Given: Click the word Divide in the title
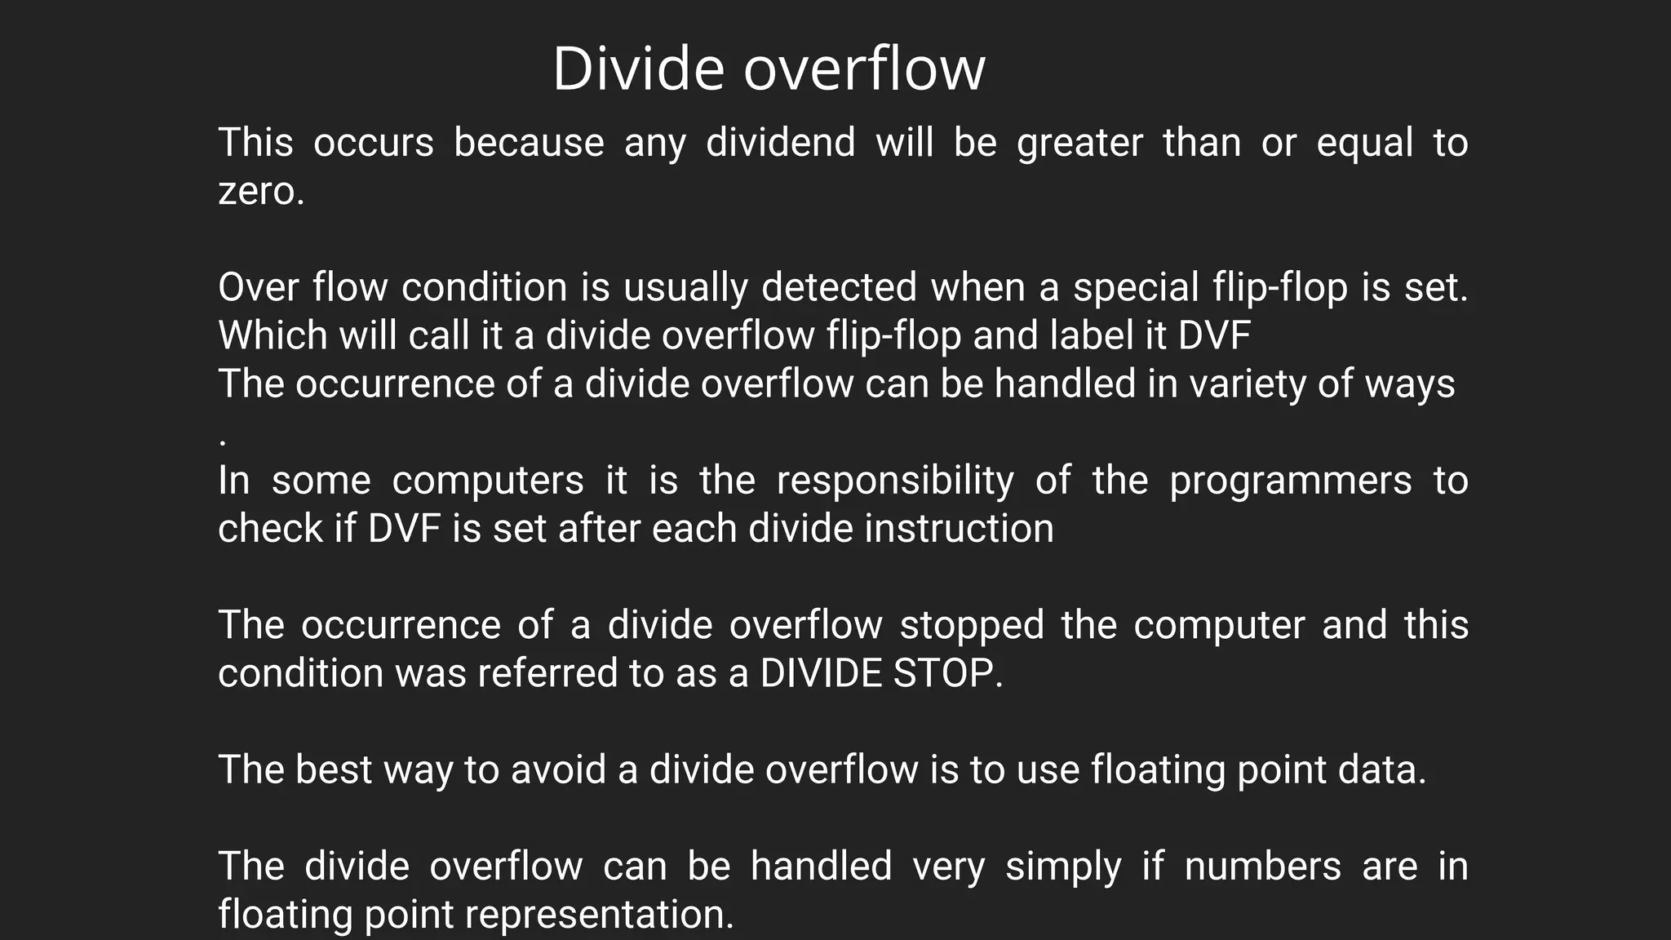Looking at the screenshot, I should click(x=638, y=69).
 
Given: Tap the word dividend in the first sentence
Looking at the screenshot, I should click(x=780, y=143).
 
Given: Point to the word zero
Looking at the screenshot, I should click(x=260, y=192).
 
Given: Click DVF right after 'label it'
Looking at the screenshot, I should click(x=1214, y=335).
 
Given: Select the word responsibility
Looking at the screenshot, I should click(x=895, y=481).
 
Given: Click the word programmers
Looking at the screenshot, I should click(x=1290, y=481).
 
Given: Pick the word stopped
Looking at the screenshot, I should click(x=971, y=626).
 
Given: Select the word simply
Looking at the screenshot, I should click(x=1063, y=867).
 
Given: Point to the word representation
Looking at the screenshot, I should click(x=599, y=915).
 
